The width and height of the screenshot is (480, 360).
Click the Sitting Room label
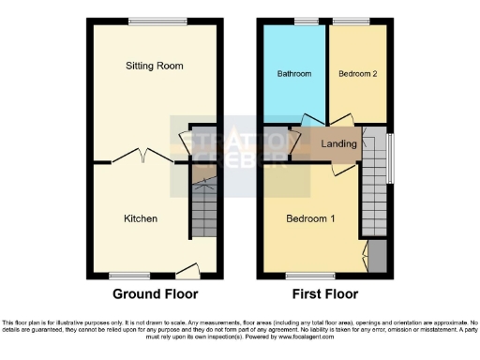(x=155, y=66)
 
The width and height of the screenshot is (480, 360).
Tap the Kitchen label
(x=141, y=218)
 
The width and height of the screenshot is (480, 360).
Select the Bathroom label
(x=293, y=73)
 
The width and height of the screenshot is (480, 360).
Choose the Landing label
(x=338, y=144)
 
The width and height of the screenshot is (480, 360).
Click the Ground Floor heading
(x=155, y=293)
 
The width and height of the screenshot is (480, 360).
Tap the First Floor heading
(x=327, y=293)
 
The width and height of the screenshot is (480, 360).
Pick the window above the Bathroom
(x=307, y=21)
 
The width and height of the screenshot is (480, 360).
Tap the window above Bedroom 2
(x=349, y=21)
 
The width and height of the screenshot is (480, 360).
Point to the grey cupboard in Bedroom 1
(x=377, y=254)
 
